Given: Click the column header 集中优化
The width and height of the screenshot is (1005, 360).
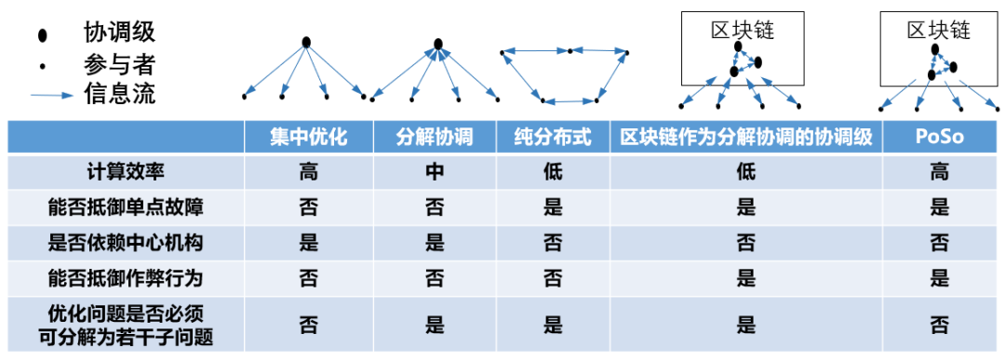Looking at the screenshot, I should (x=308, y=138).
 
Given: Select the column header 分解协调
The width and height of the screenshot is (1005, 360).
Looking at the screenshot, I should (x=435, y=138).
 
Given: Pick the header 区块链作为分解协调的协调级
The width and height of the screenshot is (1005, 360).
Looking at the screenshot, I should (x=745, y=138).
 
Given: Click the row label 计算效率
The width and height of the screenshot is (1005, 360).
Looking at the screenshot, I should (x=125, y=172).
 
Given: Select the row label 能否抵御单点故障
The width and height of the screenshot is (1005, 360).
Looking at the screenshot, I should (x=125, y=207).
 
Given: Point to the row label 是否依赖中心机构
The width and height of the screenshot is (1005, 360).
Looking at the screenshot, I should (x=125, y=243).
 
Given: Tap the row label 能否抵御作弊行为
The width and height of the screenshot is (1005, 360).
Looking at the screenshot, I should (x=125, y=278).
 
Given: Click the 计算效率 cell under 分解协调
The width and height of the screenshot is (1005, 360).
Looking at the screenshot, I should (x=435, y=172).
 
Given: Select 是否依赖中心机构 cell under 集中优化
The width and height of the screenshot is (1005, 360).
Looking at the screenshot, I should (x=308, y=243).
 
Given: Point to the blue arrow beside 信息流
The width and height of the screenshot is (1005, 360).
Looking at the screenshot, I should (x=52, y=95).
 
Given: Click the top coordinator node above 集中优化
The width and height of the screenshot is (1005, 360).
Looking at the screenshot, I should (x=305, y=42).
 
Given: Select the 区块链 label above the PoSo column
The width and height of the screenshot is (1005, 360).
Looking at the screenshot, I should (x=939, y=30).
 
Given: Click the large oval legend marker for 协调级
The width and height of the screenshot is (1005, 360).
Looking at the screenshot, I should (x=41, y=35).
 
